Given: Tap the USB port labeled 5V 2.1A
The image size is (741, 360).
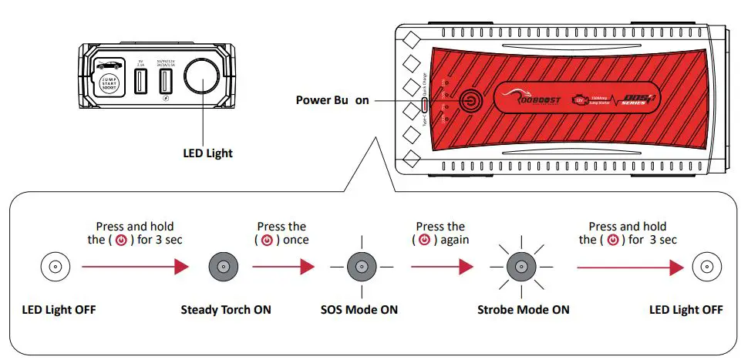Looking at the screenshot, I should [141, 82].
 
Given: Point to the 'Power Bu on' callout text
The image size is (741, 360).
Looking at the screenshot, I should [332, 100].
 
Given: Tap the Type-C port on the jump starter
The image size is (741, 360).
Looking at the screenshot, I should [425, 106].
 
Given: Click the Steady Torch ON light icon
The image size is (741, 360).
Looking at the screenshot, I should [223, 267].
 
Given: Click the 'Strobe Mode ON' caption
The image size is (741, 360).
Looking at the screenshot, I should [523, 310].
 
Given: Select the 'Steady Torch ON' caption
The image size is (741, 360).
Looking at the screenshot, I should [226, 310].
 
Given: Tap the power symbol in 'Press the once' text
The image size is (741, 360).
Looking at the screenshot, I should [266, 240].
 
